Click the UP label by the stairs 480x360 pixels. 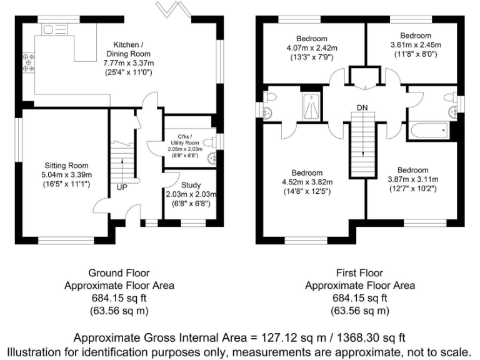[122, 187]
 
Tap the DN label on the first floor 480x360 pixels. [362, 108]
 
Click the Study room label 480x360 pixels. [191, 185]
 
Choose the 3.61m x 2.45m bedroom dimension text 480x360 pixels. [416, 45]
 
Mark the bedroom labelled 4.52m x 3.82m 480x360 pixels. [307, 182]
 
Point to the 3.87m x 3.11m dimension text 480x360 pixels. [413, 179]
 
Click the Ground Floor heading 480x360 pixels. [119, 273]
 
